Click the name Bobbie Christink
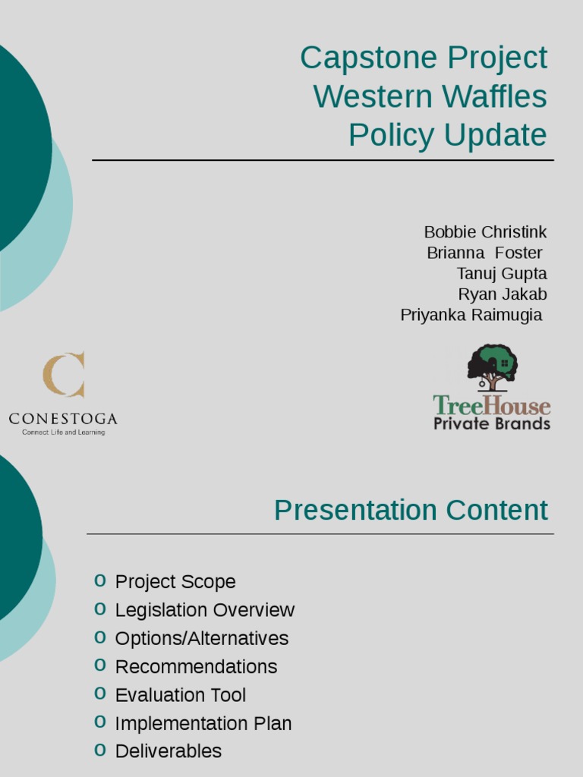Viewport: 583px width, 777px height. point(485,232)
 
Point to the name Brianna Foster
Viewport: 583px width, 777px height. point(484,253)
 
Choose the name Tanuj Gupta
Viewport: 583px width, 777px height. point(501,273)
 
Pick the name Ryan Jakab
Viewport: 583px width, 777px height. point(502,294)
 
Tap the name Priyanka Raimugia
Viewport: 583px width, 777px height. point(471,315)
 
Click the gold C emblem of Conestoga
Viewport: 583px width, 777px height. point(64,375)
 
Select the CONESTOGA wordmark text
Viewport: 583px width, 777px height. point(63,419)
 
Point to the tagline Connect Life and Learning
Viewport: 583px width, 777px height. point(63,433)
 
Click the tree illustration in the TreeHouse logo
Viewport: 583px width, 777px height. point(492,367)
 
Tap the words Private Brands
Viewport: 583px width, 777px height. point(492,423)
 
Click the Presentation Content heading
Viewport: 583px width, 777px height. point(411,511)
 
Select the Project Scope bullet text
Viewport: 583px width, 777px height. point(175,582)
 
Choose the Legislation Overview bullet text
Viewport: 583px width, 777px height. point(204,610)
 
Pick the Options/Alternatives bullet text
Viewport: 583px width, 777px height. point(201,638)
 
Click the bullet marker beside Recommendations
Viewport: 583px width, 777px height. point(100,665)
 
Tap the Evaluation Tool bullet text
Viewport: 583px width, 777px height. point(181,695)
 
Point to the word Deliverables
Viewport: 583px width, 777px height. point(168,751)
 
